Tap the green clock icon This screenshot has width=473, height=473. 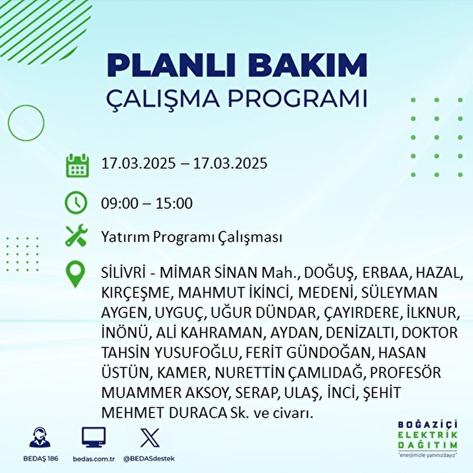coord(76,203)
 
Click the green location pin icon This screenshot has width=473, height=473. coord(76,274)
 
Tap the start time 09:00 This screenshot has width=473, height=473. coord(120,203)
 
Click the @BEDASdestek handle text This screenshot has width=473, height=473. coord(149,459)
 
